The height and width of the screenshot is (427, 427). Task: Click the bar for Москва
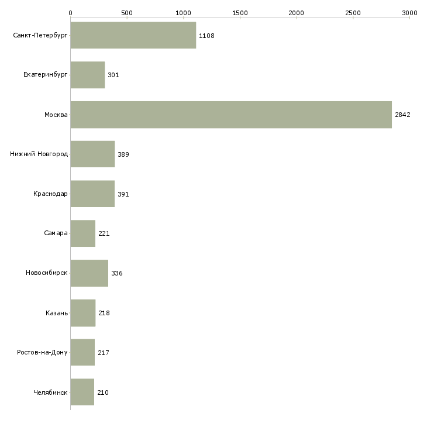click(231, 115)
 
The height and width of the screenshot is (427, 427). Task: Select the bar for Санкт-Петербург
click(133, 36)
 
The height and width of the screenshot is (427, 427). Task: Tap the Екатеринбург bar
click(87, 75)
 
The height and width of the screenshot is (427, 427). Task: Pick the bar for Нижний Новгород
click(92, 154)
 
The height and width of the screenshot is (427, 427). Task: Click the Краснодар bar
click(92, 194)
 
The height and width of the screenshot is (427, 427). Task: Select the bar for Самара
click(82, 233)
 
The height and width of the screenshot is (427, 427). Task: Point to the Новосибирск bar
click(89, 273)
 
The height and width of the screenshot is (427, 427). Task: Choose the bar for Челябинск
click(82, 392)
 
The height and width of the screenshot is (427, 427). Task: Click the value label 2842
click(402, 115)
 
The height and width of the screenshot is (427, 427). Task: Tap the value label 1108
click(206, 36)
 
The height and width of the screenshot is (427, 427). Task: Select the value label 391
click(123, 194)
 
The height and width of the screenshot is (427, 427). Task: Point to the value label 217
click(104, 353)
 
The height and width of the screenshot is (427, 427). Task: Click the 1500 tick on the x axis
click(240, 12)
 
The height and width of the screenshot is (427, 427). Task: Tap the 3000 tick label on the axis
click(409, 12)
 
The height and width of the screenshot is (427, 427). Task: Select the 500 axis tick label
click(127, 12)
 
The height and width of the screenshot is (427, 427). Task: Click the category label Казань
click(57, 313)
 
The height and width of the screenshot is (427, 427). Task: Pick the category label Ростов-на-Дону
click(42, 353)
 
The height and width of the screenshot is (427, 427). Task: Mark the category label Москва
click(56, 115)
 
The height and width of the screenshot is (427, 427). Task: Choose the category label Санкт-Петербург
click(40, 36)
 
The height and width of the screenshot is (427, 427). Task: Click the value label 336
click(116, 273)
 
